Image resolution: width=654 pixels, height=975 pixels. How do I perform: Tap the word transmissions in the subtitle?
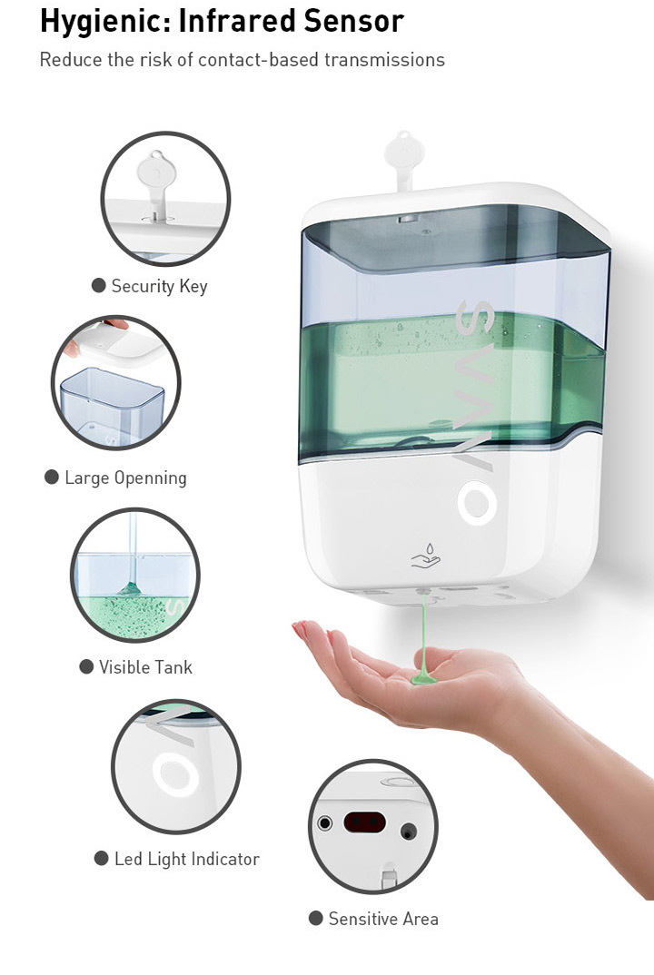tap(384, 60)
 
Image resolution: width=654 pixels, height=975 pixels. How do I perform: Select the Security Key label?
tap(159, 286)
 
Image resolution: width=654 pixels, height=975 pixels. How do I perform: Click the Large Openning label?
tap(125, 478)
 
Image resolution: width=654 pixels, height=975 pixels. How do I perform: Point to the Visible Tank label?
tap(145, 667)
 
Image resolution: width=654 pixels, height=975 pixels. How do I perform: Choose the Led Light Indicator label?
tap(187, 860)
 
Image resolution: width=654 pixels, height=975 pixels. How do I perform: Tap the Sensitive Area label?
tap(383, 919)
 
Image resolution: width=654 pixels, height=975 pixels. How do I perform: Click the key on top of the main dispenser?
tap(404, 159)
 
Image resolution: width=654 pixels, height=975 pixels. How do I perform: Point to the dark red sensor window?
tap(364, 822)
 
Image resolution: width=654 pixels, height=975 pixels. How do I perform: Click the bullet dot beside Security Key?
tap(98, 285)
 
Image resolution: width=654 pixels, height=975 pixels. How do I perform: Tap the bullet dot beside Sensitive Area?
tap(315, 919)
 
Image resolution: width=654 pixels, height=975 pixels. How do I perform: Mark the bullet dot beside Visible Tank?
tap(86, 667)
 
